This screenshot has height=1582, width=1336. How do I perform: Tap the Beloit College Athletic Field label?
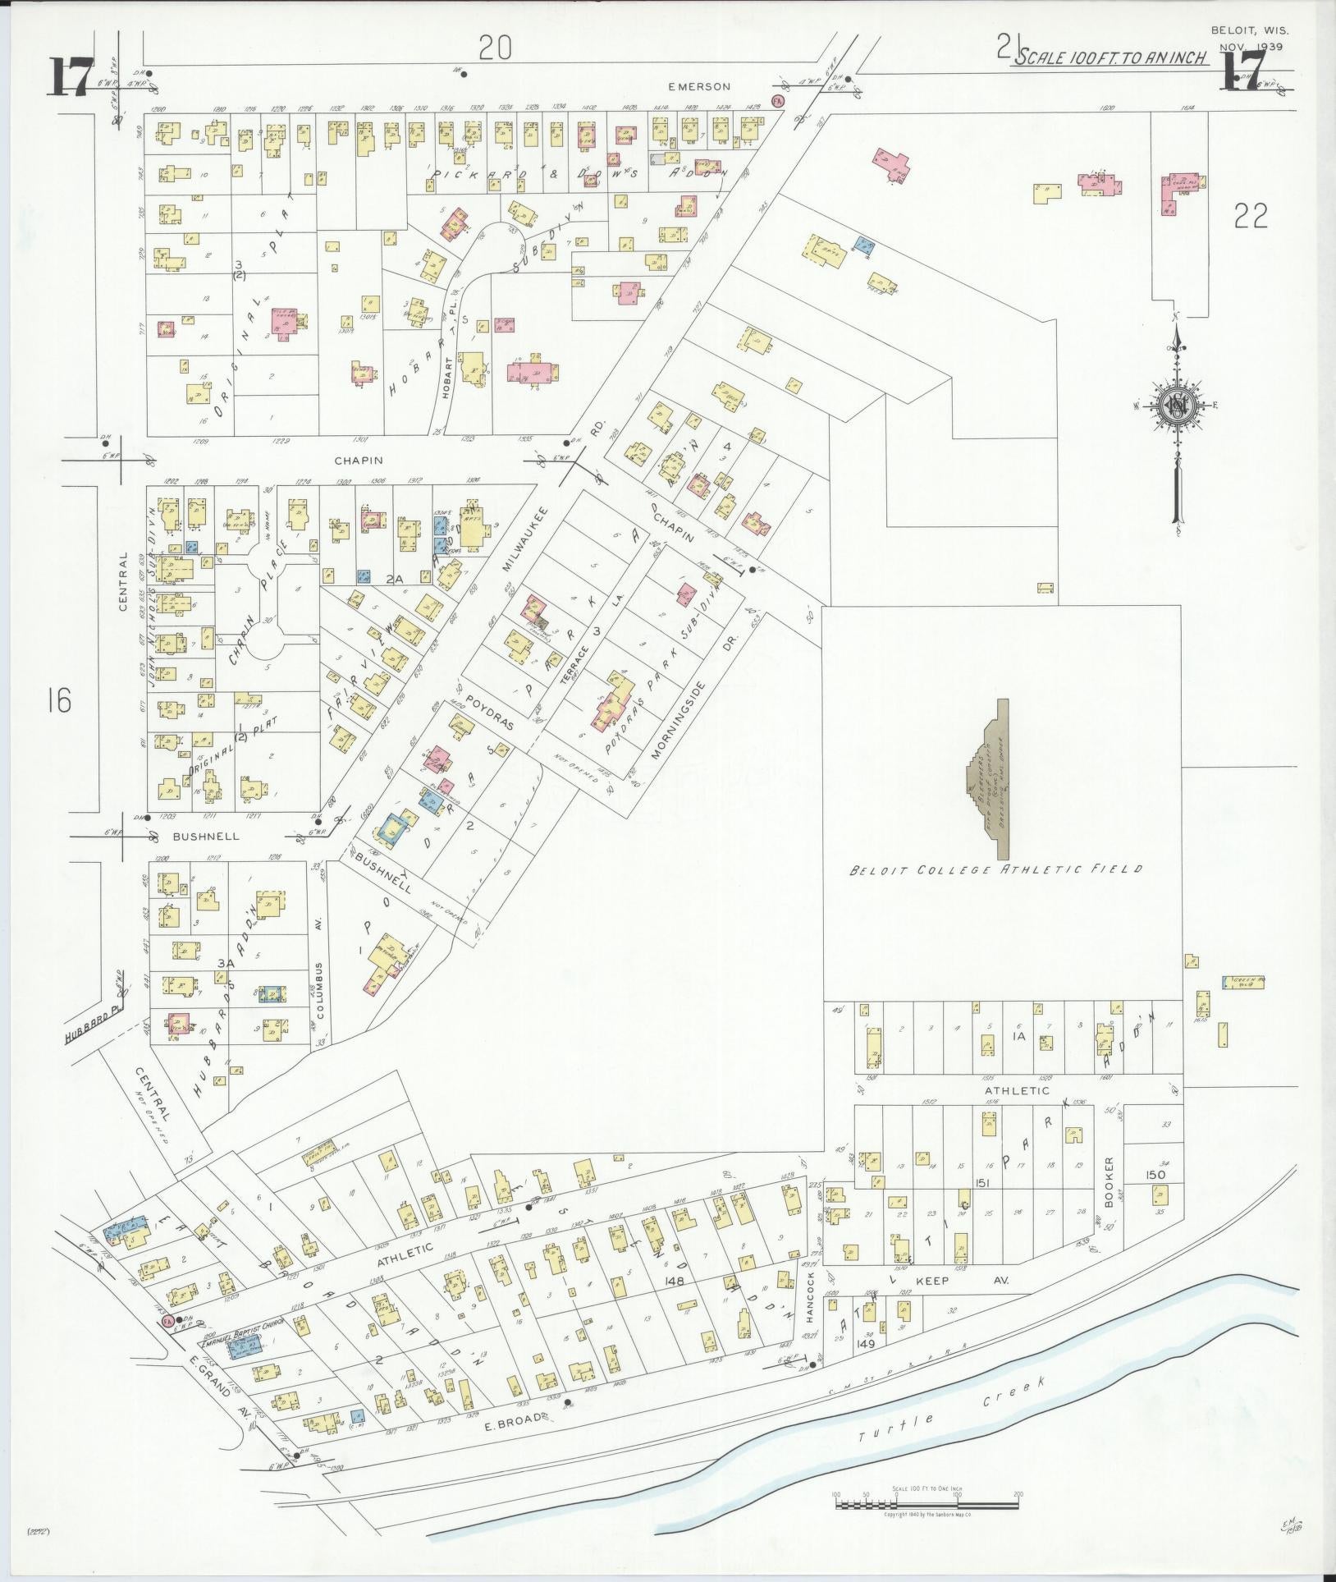(995, 869)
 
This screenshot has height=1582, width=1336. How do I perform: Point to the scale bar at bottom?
(926, 1506)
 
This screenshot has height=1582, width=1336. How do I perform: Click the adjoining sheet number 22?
(1250, 216)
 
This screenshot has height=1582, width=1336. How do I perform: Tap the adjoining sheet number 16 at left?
(59, 701)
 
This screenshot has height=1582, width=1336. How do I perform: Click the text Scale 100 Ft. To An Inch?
(1110, 57)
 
